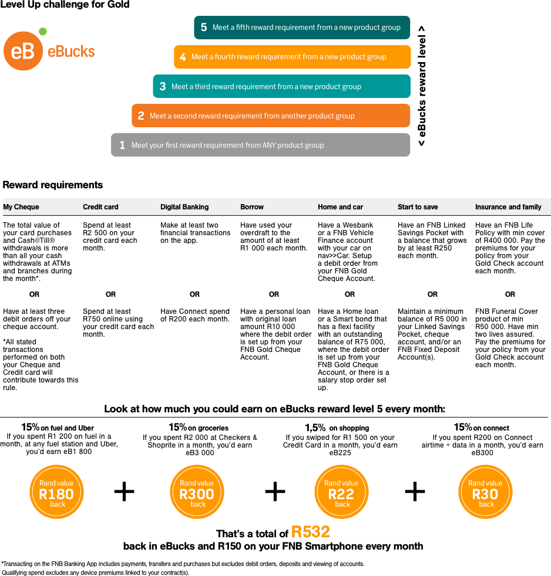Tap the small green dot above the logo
click(42, 31)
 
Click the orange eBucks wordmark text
click(71, 52)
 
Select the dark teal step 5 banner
click(302, 28)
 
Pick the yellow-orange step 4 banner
click(292, 57)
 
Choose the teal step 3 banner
click(281, 86)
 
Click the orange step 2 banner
click(271, 116)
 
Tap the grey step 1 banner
click(260, 145)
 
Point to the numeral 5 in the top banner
click(204, 28)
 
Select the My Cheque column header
click(21, 207)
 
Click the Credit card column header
click(100, 207)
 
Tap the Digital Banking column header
click(184, 207)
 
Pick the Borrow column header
click(252, 207)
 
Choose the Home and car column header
click(340, 207)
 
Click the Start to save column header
click(418, 207)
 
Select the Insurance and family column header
click(508, 207)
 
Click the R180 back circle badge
click(57, 492)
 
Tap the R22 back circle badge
click(342, 492)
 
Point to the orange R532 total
click(311, 532)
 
